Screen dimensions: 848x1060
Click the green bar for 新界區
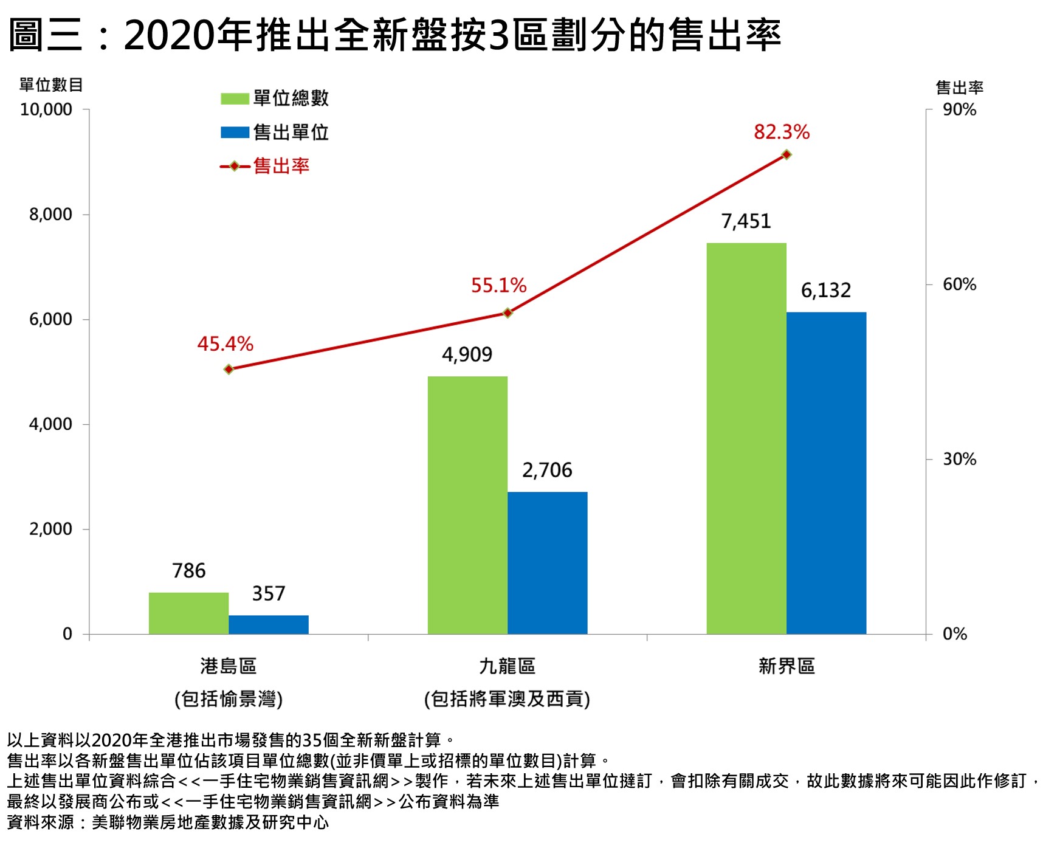tap(746, 438)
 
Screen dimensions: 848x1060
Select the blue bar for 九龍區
tap(547, 562)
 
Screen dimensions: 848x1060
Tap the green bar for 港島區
tap(188, 613)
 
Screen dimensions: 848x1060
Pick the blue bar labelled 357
tap(268, 624)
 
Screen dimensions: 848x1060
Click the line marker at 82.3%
tap(786, 155)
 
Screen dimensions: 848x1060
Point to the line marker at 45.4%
tap(229, 369)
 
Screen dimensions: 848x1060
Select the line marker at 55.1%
tap(508, 313)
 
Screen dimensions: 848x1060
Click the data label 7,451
tap(746, 221)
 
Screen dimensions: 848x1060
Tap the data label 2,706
tap(547, 470)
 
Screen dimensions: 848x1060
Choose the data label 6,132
tap(825, 291)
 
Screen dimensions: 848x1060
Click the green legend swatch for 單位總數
tap(235, 98)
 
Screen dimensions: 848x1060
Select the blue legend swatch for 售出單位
tap(235, 133)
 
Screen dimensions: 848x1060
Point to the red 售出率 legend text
tap(281, 166)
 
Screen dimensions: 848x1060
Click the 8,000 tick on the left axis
tap(50, 215)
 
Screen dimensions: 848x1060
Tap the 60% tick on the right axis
tap(959, 284)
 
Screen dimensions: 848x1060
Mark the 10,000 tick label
tap(46, 110)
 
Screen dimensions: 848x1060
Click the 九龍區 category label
tap(507, 666)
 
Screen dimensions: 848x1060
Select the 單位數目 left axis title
tap(51, 85)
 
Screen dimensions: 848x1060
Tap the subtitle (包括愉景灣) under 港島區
tap(229, 699)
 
